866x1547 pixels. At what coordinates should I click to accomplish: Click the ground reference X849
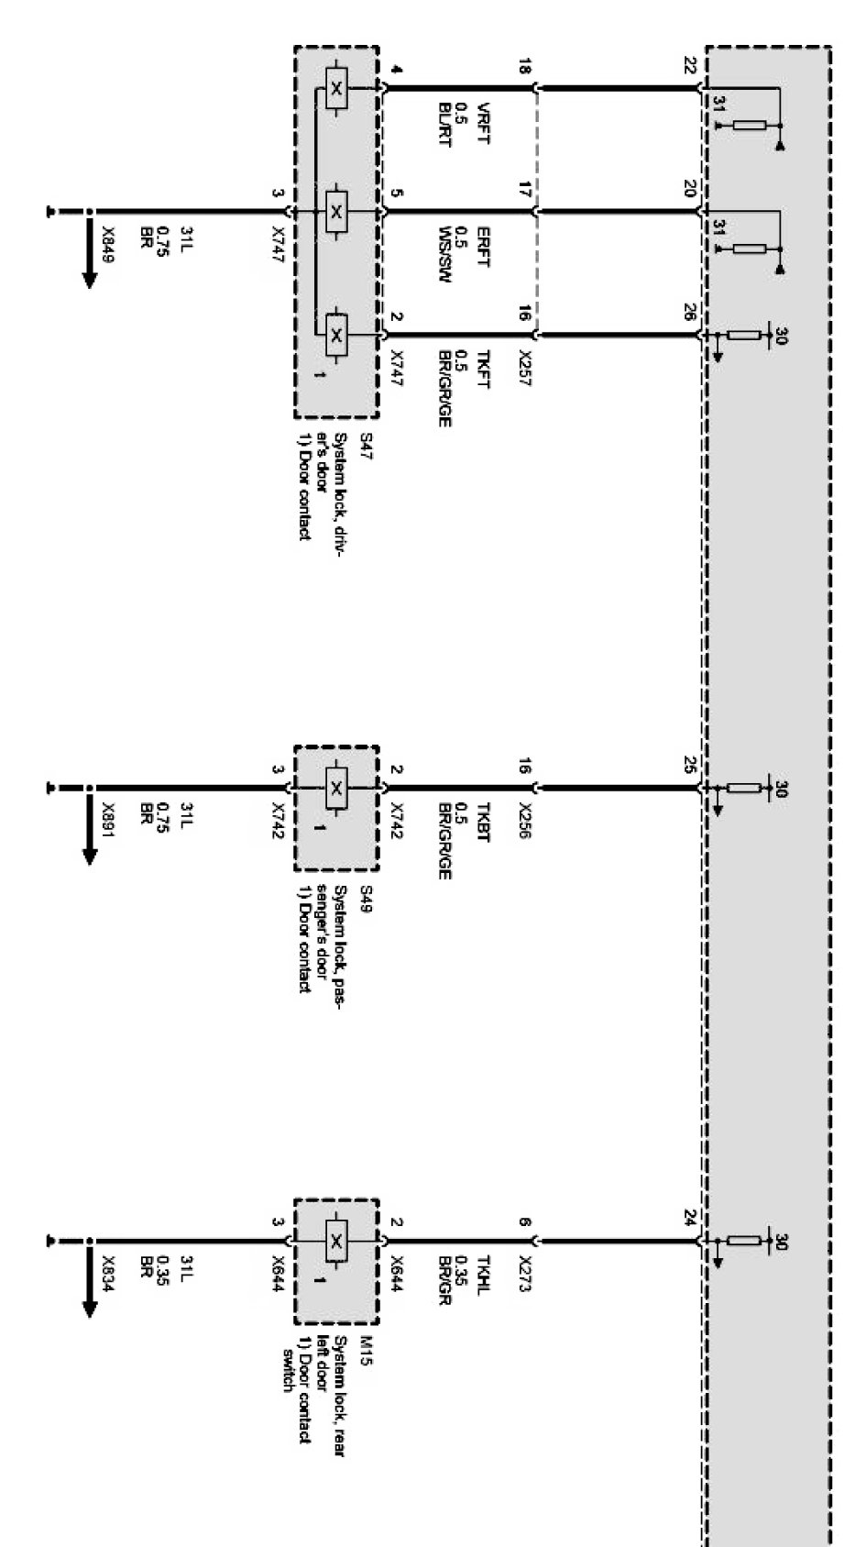tap(108, 244)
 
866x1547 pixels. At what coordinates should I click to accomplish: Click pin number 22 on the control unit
tap(689, 66)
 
